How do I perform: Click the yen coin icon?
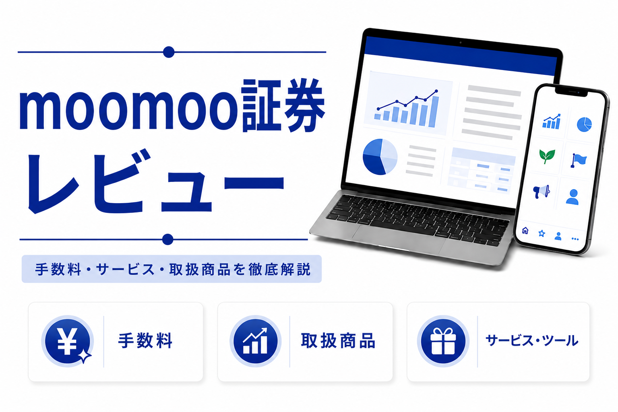[67, 341]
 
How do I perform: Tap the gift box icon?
[443, 341]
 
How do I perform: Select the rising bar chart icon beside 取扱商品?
[255, 341]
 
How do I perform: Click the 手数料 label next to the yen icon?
[145, 341]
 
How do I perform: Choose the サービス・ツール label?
[532, 341]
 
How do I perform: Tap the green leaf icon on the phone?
[547, 157]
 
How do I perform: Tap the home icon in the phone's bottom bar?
[525, 230]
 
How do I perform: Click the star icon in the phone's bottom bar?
[542, 233]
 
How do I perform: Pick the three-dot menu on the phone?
[575, 239]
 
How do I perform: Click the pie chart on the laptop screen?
[380, 157]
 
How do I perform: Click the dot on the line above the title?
[169, 52]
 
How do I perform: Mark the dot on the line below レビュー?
[167, 239]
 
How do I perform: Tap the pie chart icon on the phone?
[584, 124]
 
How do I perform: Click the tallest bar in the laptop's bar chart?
[433, 111]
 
